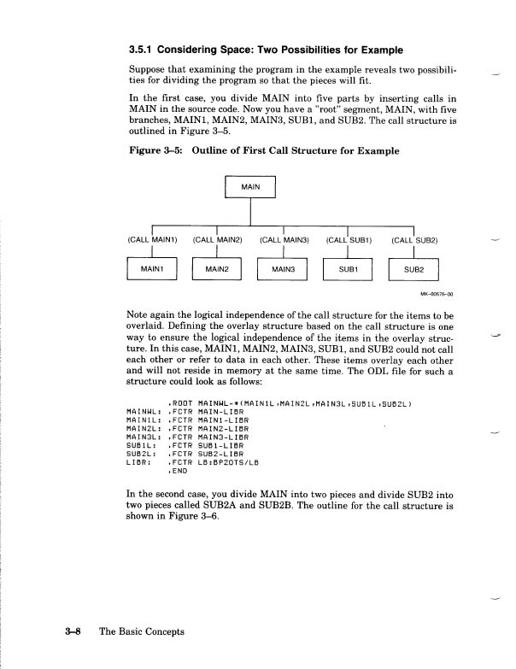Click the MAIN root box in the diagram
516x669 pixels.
(x=250, y=186)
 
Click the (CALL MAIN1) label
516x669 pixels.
(x=153, y=240)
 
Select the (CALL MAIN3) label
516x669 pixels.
(x=284, y=240)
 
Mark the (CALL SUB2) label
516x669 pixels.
(x=414, y=240)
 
